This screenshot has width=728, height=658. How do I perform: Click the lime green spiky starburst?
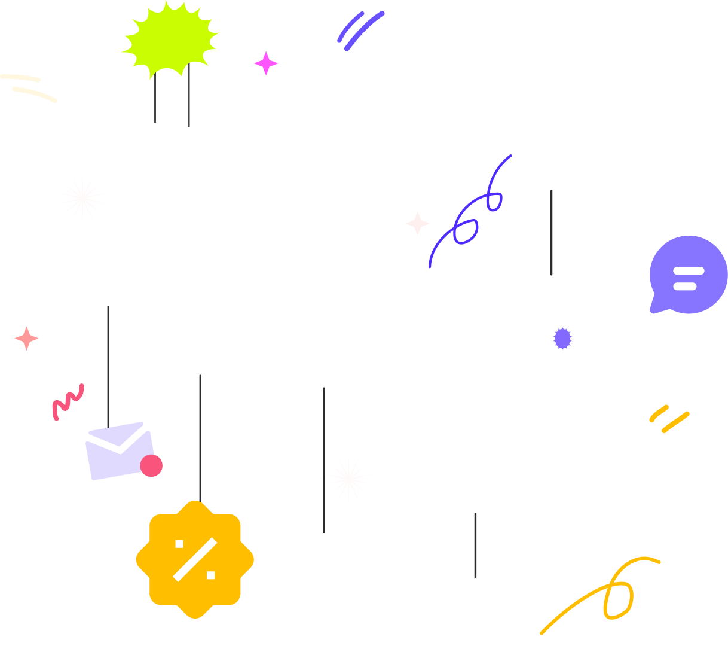pyautogui.click(x=170, y=39)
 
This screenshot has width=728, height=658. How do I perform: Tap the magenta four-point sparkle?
pyautogui.click(x=266, y=63)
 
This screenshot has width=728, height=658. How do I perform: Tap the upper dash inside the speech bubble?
pyautogui.click(x=688, y=271)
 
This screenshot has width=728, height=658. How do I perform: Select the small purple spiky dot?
pyautogui.click(x=562, y=339)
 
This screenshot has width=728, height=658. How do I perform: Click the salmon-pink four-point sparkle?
pyautogui.click(x=26, y=339)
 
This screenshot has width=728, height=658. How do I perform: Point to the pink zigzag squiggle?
pyautogui.click(x=68, y=401)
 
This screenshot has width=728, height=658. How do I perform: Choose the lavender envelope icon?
pyautogui.click(x=117, y=452)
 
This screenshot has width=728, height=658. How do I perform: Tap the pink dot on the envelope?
pyautogui.click(x=151, y=465)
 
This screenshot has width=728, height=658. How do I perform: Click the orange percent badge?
pyautogui.click(x=195, y=559)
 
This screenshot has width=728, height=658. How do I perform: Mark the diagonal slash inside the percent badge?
pyautogui.click(x=195, y=559)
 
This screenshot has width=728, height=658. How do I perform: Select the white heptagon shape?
pyautogui.click(x=475, y=601)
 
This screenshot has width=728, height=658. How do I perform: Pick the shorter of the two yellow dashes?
pyautogui.click(x=659, y=413)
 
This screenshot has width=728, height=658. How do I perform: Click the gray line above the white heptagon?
pyautogui.click(x=475, y=544)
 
